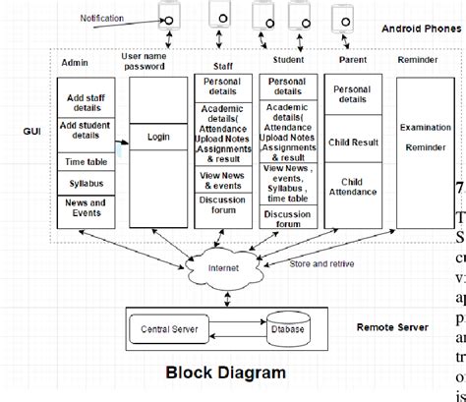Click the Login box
click(157, 138)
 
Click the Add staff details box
click(87, 104)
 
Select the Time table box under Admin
click(87, 160)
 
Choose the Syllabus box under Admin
click(87, 183)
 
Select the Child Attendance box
click(353, 187)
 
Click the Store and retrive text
click(320, 262)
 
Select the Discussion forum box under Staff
click(222, 205)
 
